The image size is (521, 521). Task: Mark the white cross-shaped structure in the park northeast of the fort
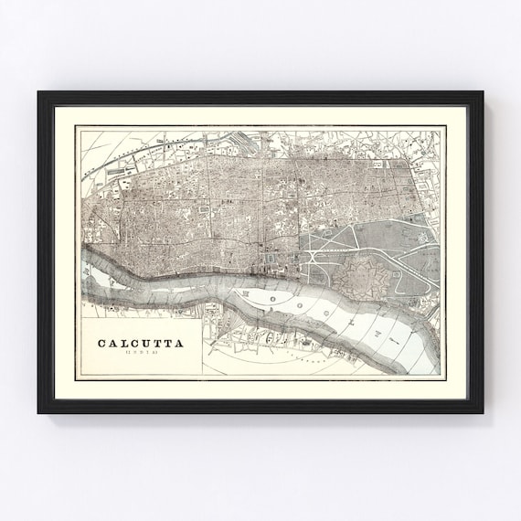click(x=422, y=239)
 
